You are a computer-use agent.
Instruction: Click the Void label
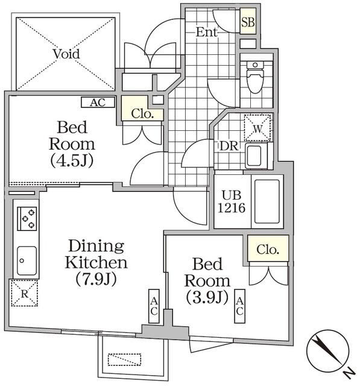coord(66,54)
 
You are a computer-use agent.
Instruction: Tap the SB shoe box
coord(248,21)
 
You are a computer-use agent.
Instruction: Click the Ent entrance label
coord(207,32)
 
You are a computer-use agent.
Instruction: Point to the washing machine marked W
coord(257,128)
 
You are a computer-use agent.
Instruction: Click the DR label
coord(229,146)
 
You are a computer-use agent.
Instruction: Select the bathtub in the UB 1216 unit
coord(267,201)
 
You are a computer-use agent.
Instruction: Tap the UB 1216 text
coord(232,201)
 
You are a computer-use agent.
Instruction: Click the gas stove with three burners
coord(27,218)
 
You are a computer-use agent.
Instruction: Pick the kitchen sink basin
coord(27,261)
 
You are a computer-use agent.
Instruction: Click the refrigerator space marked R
coord(25,293)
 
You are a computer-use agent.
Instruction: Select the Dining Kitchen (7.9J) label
coord(96,262)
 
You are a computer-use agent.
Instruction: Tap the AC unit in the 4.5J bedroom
coord(98,102)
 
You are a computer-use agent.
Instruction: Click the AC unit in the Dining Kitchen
coord(154,306)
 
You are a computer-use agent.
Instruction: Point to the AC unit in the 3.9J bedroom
coord(239,306)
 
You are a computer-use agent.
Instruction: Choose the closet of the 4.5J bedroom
coord(142,109)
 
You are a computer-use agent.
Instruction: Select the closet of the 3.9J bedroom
coord(268,248)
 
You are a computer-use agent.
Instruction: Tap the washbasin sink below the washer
coord(256,156)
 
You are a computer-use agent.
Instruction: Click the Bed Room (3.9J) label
coord(207,280)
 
